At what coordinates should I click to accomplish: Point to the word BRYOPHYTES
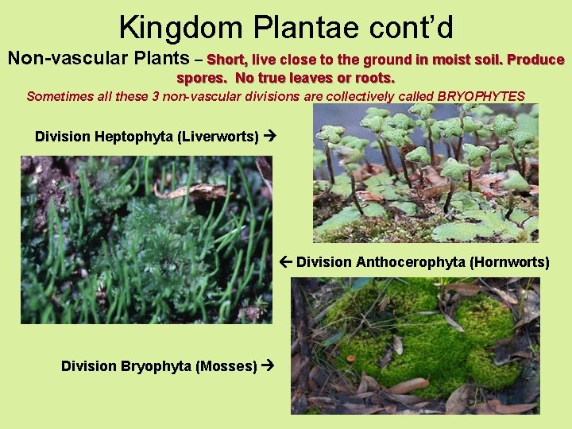coord(476,96)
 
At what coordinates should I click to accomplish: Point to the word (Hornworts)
coord(509,262)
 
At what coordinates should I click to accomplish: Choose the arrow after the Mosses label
coord(268,366)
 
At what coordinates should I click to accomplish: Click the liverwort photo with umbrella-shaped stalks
coord(425,173)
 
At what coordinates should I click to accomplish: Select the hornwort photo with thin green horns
coord(146,239)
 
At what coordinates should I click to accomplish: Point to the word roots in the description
coord(373,78)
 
